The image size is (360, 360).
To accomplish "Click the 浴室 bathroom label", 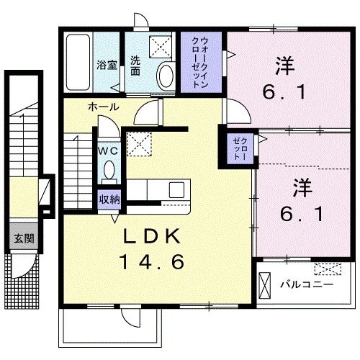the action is pyautogui.click(x=107, y=66).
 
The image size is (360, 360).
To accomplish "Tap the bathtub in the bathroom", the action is pyautogui.click(x=78, y=63).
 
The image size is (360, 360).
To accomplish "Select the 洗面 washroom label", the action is pyautogui.click(x=135, y=66).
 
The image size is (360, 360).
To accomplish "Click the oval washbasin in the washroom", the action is pyautogui.click(x=165, y=75).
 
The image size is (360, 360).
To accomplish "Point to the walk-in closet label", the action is pyautogui.click(x=199, y=63).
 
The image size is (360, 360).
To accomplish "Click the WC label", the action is pyautogui.click(x=108, y=151).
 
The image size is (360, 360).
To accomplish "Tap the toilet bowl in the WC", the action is pyautogui.click(x=109, y=169).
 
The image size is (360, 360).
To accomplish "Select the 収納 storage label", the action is pyautogui.click(x=109, y=199).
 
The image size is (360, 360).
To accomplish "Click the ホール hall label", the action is pyautogui.click(x=104, y=107).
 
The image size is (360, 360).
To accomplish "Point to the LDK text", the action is pyautogui.click(x=152, y=236).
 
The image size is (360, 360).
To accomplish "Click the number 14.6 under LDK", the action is pyautogui.click(x=152, y=261).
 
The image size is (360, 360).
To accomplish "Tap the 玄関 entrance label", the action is pyautogui.click(x=24, y=239).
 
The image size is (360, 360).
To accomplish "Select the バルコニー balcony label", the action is pyautogui.click(x=307, y=285).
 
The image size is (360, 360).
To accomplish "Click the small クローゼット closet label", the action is pyautogui.click(x=240, y=149).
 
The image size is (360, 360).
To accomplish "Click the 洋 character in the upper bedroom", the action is pyautogui.click(x=285, y=66).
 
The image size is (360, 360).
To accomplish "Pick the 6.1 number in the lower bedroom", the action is pyautogui.click(x=302, y=215).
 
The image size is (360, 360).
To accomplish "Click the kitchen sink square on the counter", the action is pyautogui.click(x=176, y=190).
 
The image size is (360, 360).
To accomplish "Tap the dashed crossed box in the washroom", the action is pyautogui.click(x=161, y=47).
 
